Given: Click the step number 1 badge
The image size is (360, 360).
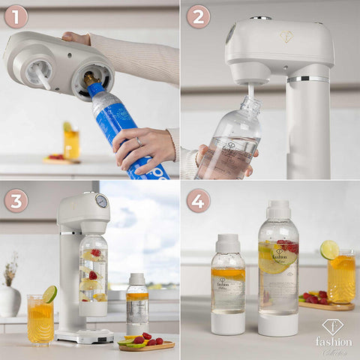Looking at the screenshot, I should pyautogui.click(x=16, y=16).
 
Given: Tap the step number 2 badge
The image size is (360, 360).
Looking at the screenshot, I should pyautogui.click(x=198, y=16).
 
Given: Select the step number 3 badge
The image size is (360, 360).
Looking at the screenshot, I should pyautogui.click(x=16, y=200).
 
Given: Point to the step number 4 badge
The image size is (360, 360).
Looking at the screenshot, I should pyautogui.click(x=198, y=200).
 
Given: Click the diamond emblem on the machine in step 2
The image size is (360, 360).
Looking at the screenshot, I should pyautogui.click(x=286, y=36).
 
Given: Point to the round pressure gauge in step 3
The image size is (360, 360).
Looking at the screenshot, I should pyautogui.click(x=101, y=201).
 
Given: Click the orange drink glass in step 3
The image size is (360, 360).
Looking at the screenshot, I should pyautogui.click(x=40, y=319).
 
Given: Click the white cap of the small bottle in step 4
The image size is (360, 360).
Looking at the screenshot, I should pyautogui.click(x=228, y=244).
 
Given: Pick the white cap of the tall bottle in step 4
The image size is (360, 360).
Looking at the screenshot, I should pyautogui.click(x=278, y=209).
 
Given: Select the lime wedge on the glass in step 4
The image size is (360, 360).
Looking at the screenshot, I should pyautogui.click(x=329, y=250).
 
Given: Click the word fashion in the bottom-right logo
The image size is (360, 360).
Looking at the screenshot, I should pyautogui.click(x=333, y=341).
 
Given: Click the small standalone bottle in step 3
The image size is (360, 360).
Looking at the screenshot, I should pyautogui.click(x=136, y=304).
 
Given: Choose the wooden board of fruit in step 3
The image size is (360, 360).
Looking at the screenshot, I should pyautogui.click(x=146, y=344).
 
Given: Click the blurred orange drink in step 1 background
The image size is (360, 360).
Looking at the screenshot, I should pyautogui.click(x=71, y=142).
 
